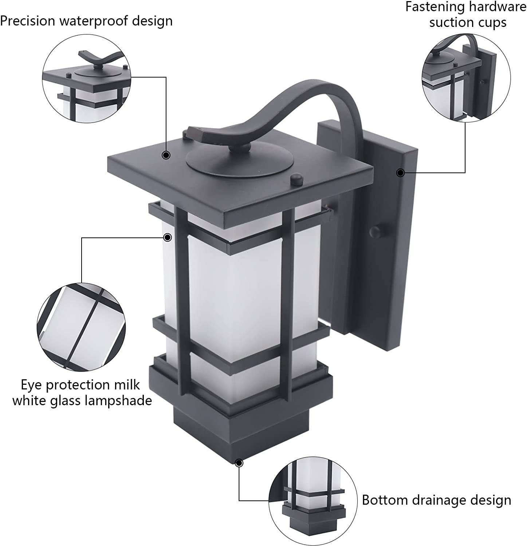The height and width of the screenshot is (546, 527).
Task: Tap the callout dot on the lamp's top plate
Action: (x=166, y=155)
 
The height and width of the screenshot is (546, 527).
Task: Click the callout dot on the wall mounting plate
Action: (x=400, y=173)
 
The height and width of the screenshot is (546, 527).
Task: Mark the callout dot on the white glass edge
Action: (x=168, y=238)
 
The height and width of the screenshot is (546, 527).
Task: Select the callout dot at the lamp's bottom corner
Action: (x=239, y=463)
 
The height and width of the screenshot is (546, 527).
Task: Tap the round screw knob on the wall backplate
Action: (x=375, y=231)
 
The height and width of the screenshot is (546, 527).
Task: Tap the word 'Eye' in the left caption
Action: (x=31, y=385)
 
